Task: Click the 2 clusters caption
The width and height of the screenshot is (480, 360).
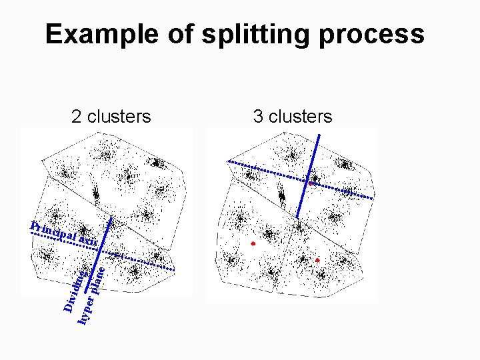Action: coord(111,117)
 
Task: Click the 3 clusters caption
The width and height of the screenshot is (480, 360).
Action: coord(292,117)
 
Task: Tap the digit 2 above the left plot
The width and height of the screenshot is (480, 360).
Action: coord(77,117)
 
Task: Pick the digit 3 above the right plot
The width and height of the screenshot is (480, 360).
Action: coord(258,117)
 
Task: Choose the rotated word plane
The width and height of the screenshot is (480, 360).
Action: coord(97,280)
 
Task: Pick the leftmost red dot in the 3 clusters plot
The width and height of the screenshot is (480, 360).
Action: coord(253,245)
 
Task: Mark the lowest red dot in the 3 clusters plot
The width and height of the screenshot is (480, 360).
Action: coord(317,260)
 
